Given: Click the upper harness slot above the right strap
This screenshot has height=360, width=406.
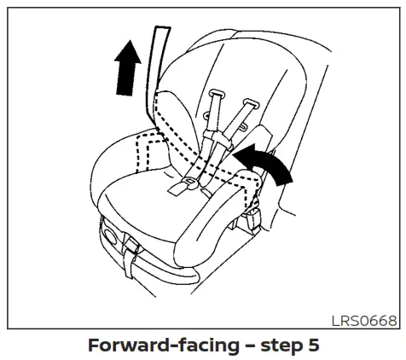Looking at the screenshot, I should click(250, 102).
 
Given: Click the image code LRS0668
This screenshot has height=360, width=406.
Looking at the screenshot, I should click(365, 320).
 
